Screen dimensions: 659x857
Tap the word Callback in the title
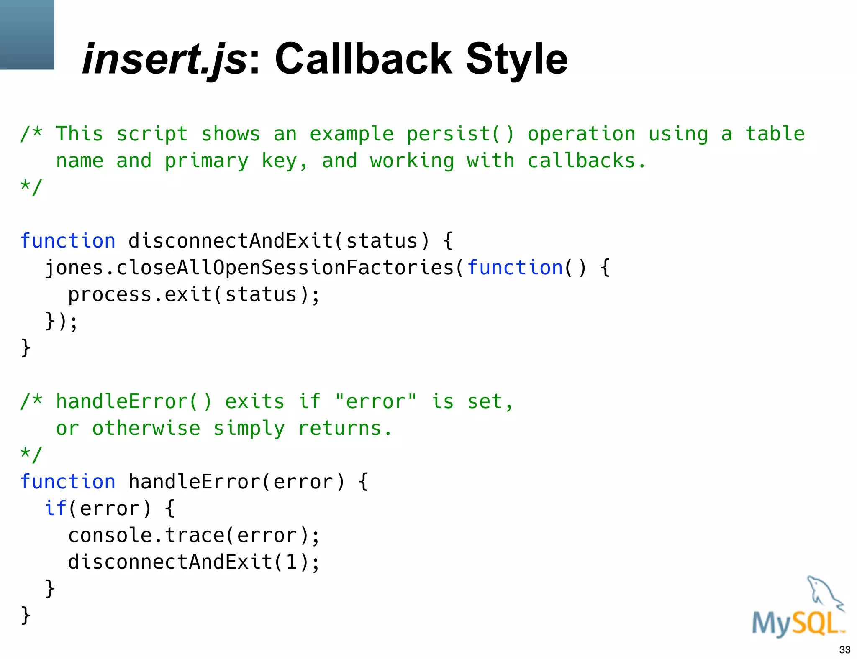tap(363, 59)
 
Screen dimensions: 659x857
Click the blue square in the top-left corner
tap(27, 34)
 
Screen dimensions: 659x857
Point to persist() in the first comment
tap(460, 134)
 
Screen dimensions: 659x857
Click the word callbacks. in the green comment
tap(587, 161)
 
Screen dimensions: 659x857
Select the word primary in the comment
tap(206, 161)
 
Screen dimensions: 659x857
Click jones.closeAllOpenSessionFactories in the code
tap(249, 268)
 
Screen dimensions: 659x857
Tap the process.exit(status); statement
tap(194, 294)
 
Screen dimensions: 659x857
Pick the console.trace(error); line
tap(194, 535)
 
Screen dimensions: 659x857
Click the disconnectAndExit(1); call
tap(194, 562)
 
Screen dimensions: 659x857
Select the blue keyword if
tap(56, 508)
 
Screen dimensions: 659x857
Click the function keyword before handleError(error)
tap(68, 482)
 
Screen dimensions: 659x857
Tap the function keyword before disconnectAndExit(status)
tap(68, 241)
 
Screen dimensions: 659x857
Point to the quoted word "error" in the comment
tap(376, 401)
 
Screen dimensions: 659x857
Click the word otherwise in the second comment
tap(146, 428)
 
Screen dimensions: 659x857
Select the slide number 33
tap(844, 650)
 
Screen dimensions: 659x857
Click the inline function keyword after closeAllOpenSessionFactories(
tap(515, 268)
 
